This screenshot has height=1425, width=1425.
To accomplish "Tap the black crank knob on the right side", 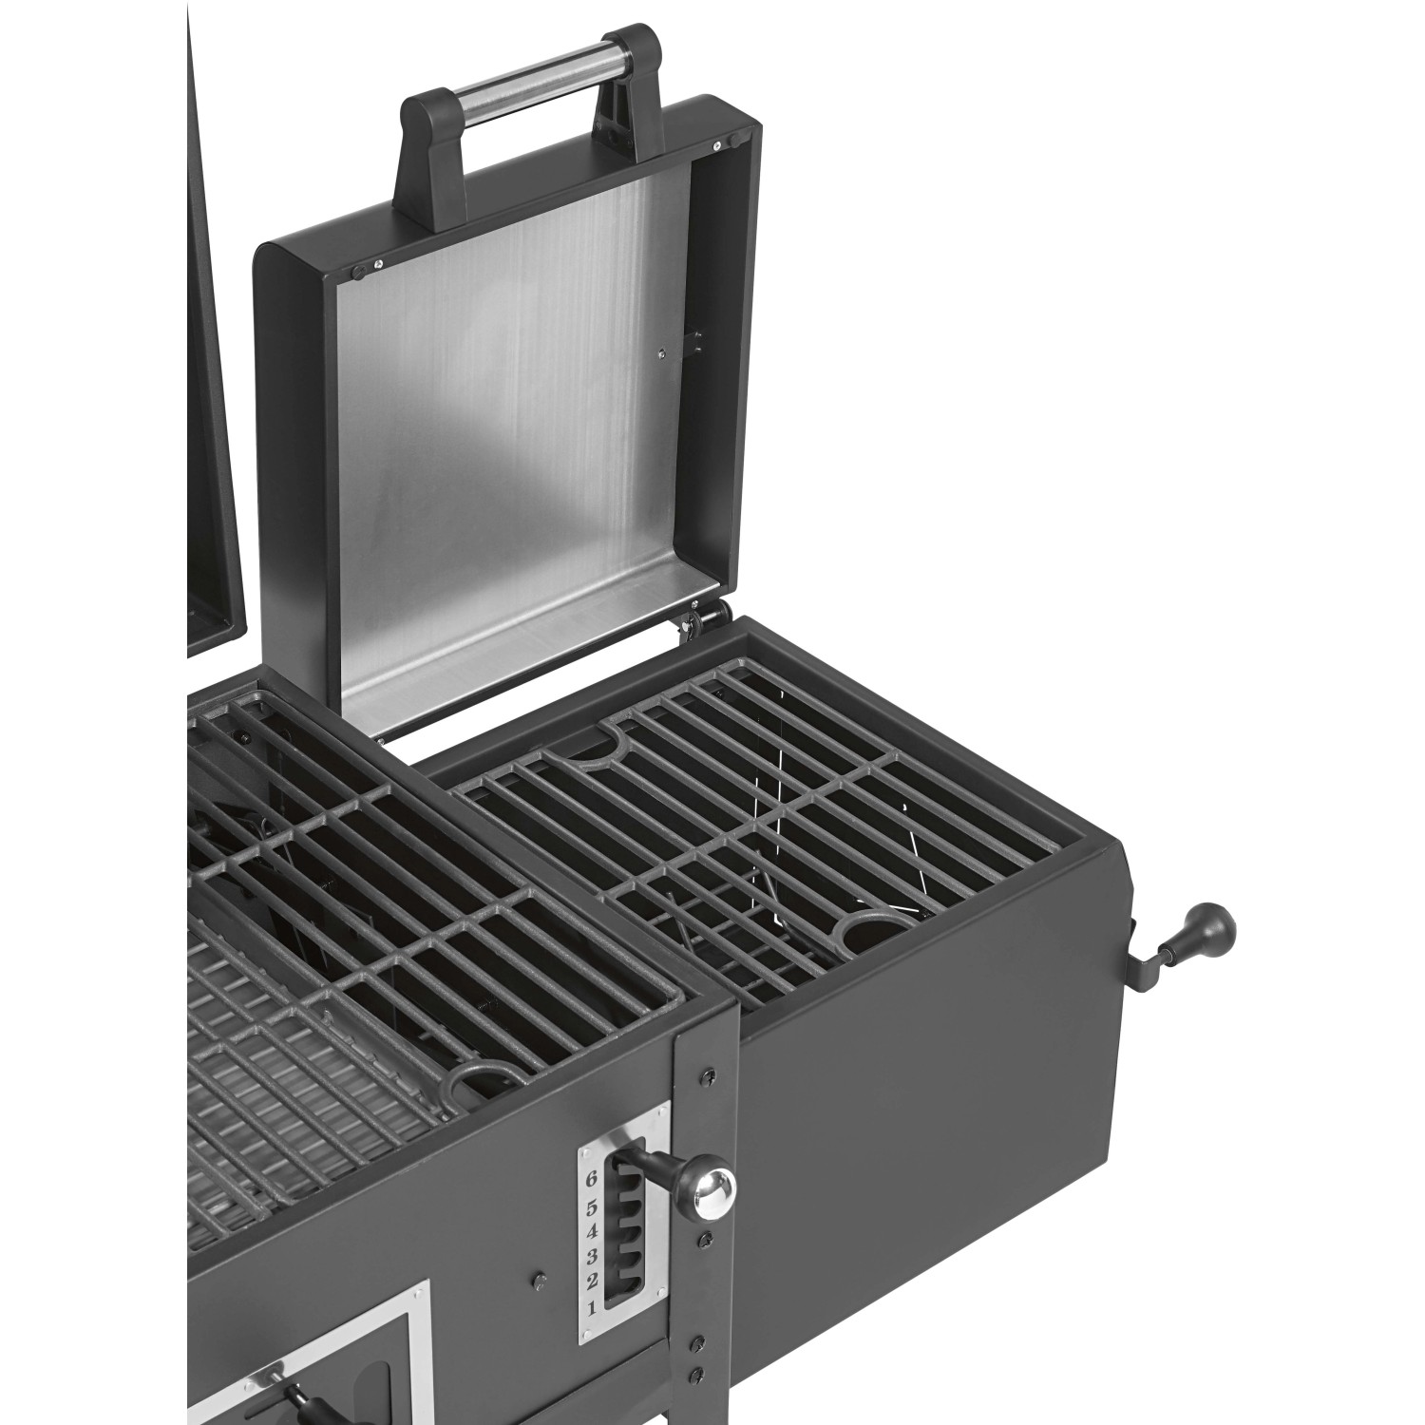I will point(1212,925).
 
